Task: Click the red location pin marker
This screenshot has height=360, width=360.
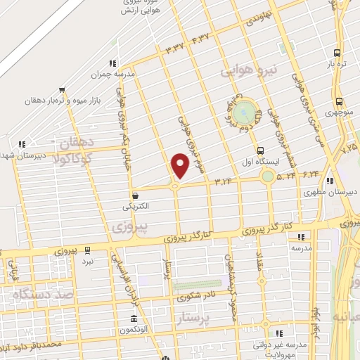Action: [x=181, y=165]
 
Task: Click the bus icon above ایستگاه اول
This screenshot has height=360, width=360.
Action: [x=261, y=150]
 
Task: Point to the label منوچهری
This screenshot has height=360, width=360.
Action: [x=340, y=112]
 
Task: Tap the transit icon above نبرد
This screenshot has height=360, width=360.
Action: [x=88, y=250]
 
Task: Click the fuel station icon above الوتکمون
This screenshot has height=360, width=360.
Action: [x=132, y=318]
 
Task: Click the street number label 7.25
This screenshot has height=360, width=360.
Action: [x=349, y=149]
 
